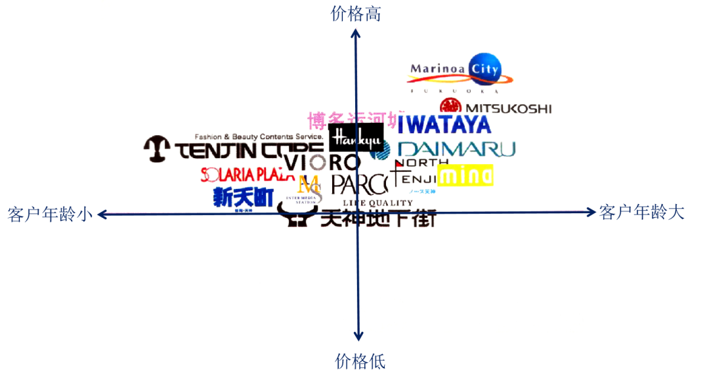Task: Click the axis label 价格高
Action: pos(356,14)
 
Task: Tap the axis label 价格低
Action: pos(360,361)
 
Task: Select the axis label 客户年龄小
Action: pos(50,214)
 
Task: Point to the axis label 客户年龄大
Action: pos(641,212)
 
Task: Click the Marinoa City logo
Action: pos(460,71)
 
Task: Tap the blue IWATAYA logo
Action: pos(444,124)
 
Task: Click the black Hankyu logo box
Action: pos(356,138)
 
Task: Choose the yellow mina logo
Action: pos(465,175)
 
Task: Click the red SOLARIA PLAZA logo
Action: pos(247,174)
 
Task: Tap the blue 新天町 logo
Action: pos(243,197)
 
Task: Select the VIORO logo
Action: pos(322,161)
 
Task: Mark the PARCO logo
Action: pos(359,185)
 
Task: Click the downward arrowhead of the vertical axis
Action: pos(358,337)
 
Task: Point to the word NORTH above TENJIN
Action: pos(422,162)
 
